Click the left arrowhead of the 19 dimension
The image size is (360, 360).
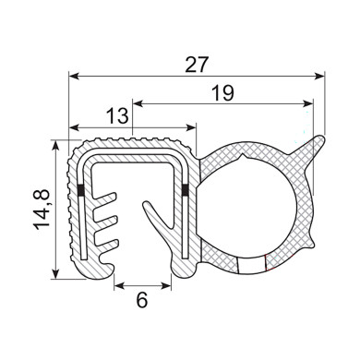pos(138,102)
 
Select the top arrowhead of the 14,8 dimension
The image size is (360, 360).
pos(57,145)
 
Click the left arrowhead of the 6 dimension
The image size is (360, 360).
pos(119,286)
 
